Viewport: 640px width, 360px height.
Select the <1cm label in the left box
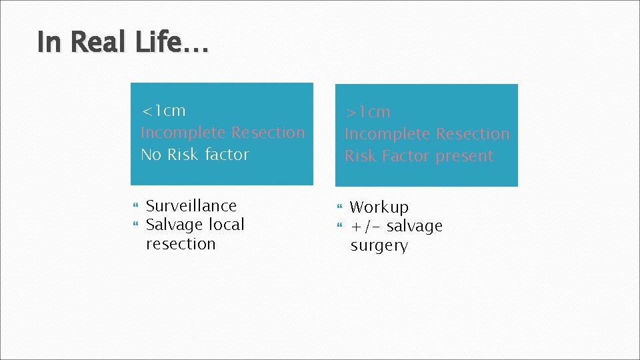tap(163, 111)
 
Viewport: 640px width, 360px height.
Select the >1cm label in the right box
tap(367, 112)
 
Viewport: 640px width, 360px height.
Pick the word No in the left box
tap(151, 155)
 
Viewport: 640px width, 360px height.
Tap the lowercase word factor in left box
tap(227, 155)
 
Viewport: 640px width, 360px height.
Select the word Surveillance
tap(191, 206)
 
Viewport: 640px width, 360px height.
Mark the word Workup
tap(379, 207)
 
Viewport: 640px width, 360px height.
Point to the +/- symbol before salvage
tap(365, 227)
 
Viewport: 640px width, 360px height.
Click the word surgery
tap(379, 245)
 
